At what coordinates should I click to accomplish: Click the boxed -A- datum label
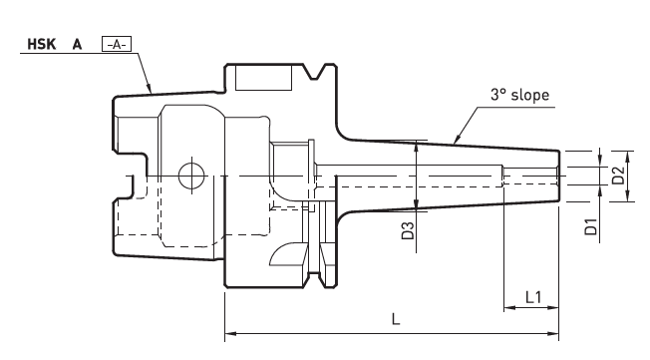point(117,44)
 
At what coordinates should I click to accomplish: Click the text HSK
point(42,44)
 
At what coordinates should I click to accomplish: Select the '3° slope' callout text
point(519,95)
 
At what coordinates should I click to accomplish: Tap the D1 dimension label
point(591,226)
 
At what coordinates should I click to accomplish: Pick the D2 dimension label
point(618,176)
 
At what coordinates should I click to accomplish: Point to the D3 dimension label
point(408,230)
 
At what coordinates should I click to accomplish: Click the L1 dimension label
point(533,297)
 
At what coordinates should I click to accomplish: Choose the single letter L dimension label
point(396,319)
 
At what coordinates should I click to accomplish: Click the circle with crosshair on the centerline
point(191,176)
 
